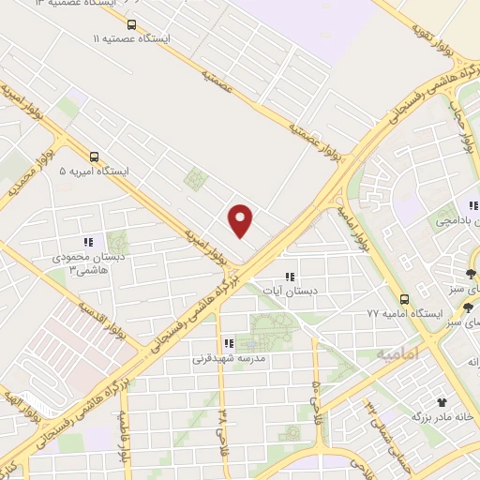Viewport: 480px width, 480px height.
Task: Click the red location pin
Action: tap(242, 220)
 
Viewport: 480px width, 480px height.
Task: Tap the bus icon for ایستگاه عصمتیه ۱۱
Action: tap(130, 25)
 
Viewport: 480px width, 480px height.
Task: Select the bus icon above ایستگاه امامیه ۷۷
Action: tap(404, 299)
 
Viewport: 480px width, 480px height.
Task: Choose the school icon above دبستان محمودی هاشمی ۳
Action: tap(88, 240)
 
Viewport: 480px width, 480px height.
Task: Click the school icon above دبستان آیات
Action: tap(290, 276)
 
